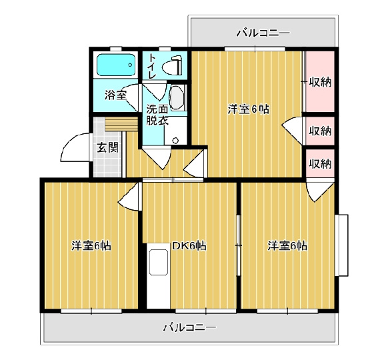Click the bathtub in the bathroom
[116, 65]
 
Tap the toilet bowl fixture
[172, 66]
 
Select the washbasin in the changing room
[177, 98]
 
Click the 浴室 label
[115, 95]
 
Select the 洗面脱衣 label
[157, 115]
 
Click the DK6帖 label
[189, 246]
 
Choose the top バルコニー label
[263, 33]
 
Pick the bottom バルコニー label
[189, 327]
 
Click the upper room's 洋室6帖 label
[249, 109]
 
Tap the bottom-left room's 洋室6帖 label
[91, 246]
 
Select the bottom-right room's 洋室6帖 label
[287, 246]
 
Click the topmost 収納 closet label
[321, 82]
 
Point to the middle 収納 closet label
[321, 131]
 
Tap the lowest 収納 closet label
[321, 163]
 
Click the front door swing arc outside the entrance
[67, 144]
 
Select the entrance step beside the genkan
[121, 124]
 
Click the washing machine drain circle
[175, 140]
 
